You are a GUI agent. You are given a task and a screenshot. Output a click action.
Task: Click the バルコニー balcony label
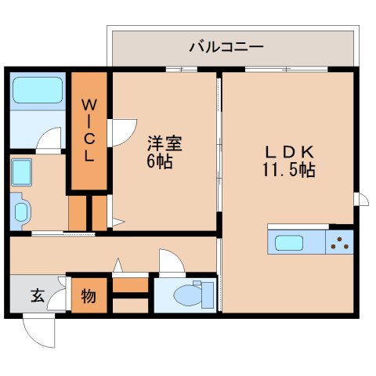pos(226,47)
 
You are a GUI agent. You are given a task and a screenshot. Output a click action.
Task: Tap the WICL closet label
pos(89,130)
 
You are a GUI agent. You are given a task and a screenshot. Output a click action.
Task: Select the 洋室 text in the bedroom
pos(164,144)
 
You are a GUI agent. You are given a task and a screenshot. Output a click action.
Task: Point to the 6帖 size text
pos(160,161)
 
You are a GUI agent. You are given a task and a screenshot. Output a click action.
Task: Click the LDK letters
pos(290,152)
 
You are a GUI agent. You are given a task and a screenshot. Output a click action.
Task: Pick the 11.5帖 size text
pos(289,170)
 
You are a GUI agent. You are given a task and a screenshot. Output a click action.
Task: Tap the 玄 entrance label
pos(38,295)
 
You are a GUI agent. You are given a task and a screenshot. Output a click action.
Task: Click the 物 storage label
pos(89,296)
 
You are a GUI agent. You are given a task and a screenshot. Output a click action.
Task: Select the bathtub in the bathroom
pos(38,90)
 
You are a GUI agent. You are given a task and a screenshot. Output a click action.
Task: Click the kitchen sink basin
pos(289,243)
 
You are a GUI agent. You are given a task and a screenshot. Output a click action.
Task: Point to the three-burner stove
pos(339,242)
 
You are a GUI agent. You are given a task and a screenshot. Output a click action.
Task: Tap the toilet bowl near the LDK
pos(189,295)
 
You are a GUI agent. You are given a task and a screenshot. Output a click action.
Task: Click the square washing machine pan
pos(22,172)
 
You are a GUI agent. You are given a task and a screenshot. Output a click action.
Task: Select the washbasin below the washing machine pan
pos(20,211)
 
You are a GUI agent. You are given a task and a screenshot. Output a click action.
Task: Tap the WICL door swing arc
pos(123,132)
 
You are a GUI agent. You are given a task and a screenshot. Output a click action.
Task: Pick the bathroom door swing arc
pos(49,139)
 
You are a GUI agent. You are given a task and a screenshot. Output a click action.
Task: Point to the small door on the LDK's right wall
pos(362,199)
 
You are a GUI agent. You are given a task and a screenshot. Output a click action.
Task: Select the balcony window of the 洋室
pos(182,69)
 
